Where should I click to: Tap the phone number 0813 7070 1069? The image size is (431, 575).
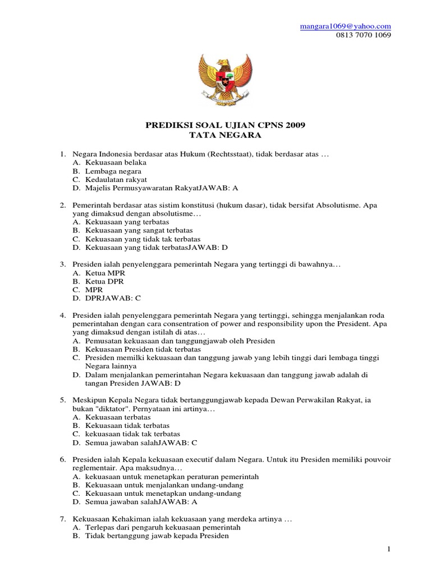pos(364,35)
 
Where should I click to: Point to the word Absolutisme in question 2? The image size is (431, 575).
pos(340,206)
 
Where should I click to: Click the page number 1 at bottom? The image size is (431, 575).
pos(388,548)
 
